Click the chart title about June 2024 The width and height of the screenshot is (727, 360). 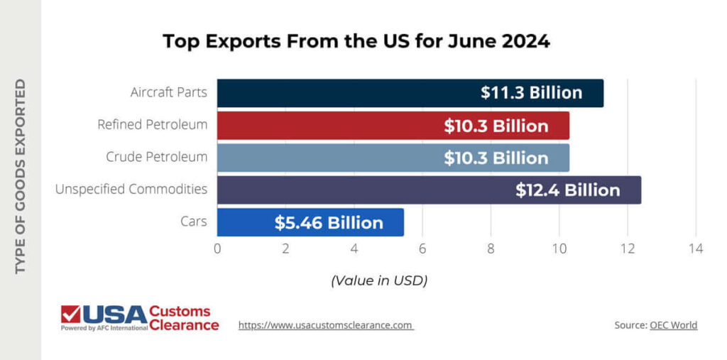click(356, 41)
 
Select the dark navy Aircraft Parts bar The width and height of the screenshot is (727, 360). click(341, 93)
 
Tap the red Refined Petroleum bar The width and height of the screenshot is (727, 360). click(327, 126)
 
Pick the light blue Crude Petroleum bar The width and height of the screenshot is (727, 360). click(327, 158)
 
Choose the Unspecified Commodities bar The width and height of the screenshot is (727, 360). click(355, 190)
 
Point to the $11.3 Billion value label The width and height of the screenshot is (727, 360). click(531, 93)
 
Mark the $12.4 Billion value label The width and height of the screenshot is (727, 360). click(567, 190)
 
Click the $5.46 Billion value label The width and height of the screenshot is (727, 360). click(329, 223)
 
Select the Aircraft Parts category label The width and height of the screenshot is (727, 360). click(169, 93)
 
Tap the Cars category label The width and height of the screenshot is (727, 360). click(194, 222)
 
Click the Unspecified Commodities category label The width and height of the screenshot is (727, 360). click(131, 190)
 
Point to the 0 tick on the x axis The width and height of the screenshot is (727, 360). click(217, 249)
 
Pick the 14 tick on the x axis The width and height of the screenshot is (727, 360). click(695, 249)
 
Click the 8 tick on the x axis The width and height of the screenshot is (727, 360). click(491, 249)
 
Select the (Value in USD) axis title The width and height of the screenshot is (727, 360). click(379, 280)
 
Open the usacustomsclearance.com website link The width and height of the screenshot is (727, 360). click(325, 325)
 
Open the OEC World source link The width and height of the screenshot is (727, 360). click(673, 325)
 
